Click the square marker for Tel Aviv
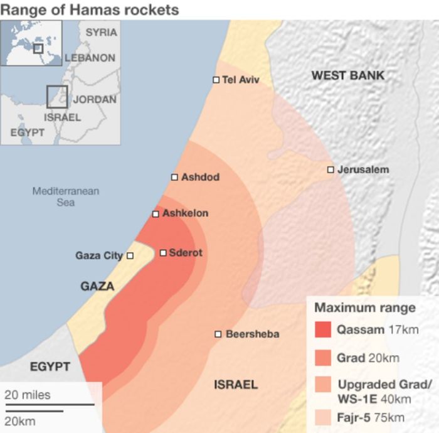[216, 80]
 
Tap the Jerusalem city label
[363, 169]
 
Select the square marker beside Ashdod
[174, 177]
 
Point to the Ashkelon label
[185, 213]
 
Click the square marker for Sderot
[163, 253]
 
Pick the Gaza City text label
[99, 255]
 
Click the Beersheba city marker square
[218, 334]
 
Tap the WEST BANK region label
[348, 75]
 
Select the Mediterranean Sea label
[66, 196]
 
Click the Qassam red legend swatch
[322, 330]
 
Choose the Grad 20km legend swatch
[322, 358]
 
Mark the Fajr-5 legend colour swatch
[322, 417]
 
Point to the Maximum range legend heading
[364, 307]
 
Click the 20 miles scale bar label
[28, 395]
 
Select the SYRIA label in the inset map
[101, 32]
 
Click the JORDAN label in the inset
[95, 99]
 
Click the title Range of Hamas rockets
[90, 10]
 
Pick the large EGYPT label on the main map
[50, 366]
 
